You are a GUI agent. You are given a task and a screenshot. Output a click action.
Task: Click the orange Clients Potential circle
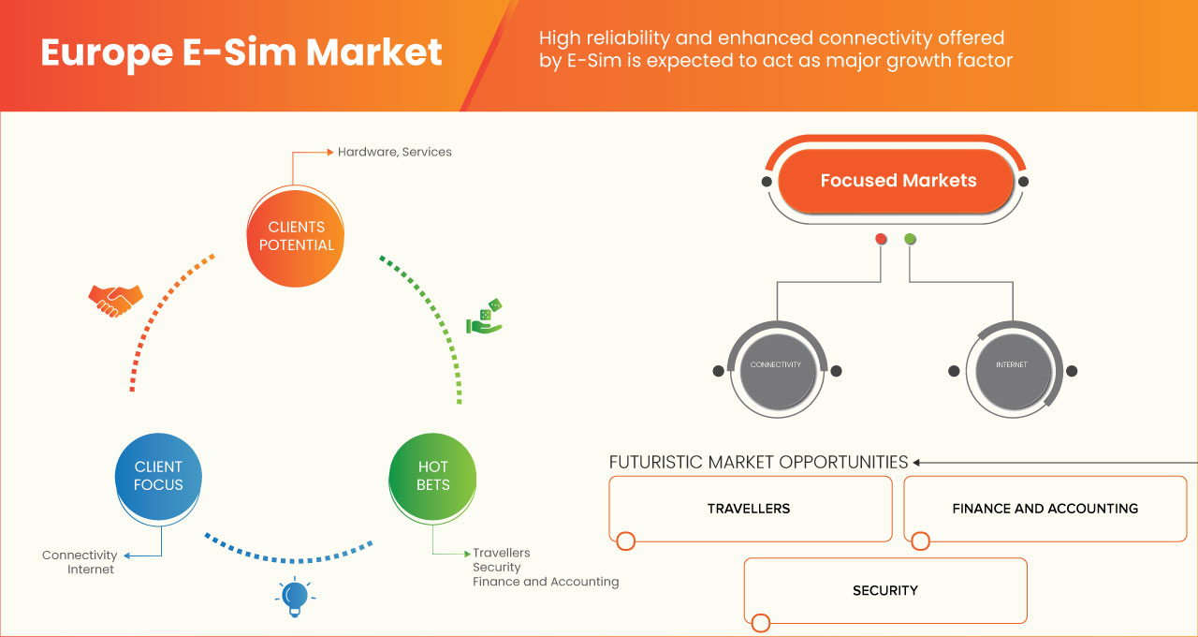click(x=295, y=238)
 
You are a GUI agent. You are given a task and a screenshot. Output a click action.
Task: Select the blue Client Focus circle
click(x=158, y=476)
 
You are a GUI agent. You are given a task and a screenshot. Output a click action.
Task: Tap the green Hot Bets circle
click(x=432, y=476)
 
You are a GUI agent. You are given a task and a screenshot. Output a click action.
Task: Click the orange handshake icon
click(x=115, y=301)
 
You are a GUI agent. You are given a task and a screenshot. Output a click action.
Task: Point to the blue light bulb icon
click(x=295, y=597)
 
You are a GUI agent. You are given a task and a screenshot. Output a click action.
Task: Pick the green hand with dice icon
click(x=485, y=317)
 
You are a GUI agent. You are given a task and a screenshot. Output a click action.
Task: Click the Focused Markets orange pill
click(x=896, y=181)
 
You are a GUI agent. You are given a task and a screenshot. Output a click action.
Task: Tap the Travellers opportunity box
click(x=751, y=509)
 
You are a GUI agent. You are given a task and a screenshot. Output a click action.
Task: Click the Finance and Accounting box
click(x=1045, y=509)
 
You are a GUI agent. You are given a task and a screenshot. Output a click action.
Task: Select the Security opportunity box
click(x=885, y=590)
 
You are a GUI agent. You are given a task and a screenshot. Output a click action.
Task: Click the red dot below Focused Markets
click(x=881, y=239)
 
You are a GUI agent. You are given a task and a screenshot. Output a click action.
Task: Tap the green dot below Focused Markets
click(x=910, y=239)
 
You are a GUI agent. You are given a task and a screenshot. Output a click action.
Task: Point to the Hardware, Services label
click(x=395, y=152)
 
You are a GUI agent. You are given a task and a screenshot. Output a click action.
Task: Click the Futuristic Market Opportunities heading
click(x=758, y=462)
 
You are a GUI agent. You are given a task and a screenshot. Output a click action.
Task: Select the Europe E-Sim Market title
click(x=241, y=52)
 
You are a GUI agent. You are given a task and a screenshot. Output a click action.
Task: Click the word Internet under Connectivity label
click(x=91, y=570)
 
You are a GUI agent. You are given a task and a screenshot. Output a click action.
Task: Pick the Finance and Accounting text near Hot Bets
click(x=546, y=582)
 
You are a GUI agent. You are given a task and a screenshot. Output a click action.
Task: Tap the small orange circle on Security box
click(x=761, y=623)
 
